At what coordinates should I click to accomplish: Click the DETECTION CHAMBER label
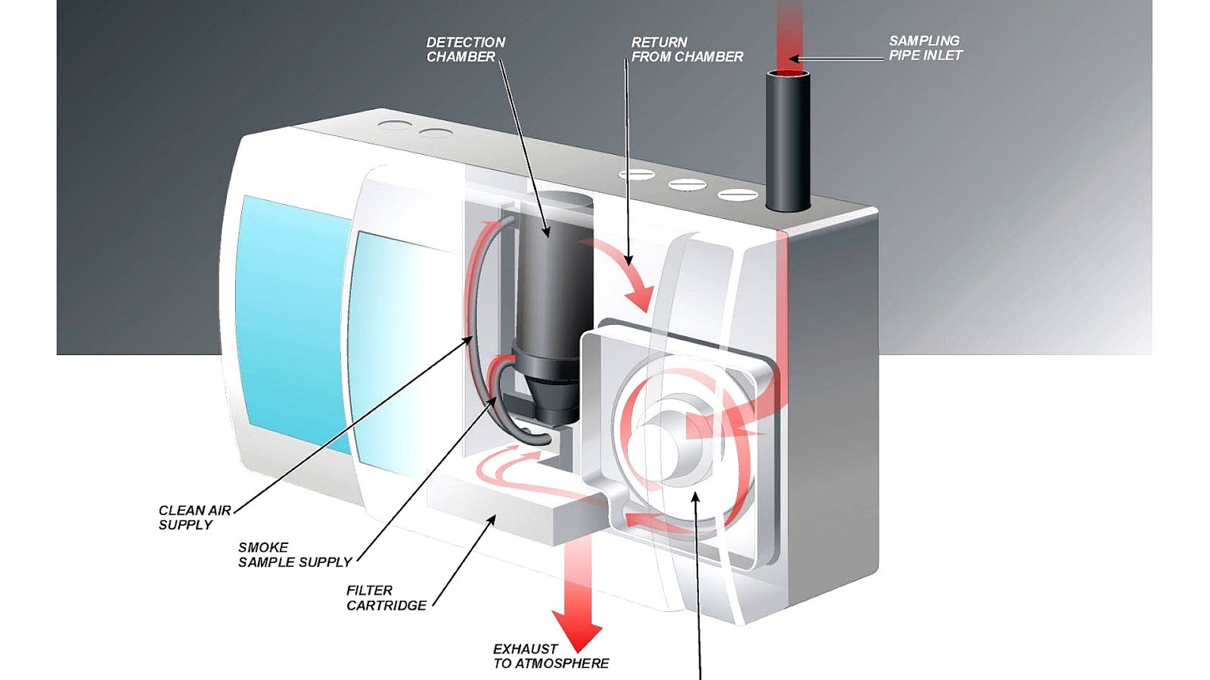(465, 49)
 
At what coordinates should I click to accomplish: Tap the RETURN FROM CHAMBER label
(687, 49)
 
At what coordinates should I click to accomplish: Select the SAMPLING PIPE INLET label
(925, 48)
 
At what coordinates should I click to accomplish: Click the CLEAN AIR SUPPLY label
(194, 518)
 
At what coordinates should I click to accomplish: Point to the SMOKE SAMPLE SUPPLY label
(294, 555)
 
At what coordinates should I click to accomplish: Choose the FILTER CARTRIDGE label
(386, 598)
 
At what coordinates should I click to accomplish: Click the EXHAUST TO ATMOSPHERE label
(551, 656)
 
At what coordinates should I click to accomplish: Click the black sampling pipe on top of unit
(787, 144)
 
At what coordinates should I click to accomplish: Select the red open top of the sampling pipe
(787, 74)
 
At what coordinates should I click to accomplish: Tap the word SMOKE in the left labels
(262, 547)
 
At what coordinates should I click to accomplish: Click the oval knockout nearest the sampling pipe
(737, 195)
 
